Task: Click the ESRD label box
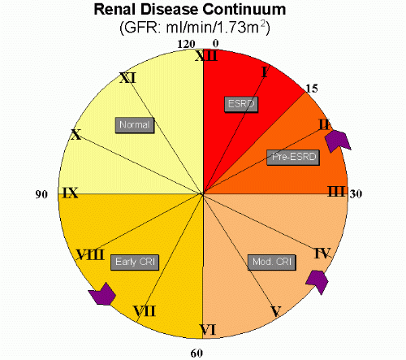[241, 104]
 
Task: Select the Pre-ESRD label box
[293, 157]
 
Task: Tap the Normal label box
[135, 125]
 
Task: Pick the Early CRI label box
[135, 262]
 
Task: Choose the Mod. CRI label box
[272, 262]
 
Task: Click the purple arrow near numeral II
[338, 140]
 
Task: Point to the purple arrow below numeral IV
[317, 281]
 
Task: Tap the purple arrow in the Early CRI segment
[103, 294]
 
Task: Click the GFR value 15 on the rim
[312, 89]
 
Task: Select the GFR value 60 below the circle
[197, 353]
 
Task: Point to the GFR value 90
[41, 194]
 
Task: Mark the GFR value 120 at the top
[186, 44]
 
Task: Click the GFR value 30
[356, 194]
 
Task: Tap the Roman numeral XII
[206, 56]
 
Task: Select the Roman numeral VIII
[90, 254]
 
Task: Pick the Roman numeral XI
[127, 78]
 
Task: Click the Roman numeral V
[276, 311]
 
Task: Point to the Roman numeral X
[76, 134]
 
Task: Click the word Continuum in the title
[244, 10]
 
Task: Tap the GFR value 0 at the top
[215, 43]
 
